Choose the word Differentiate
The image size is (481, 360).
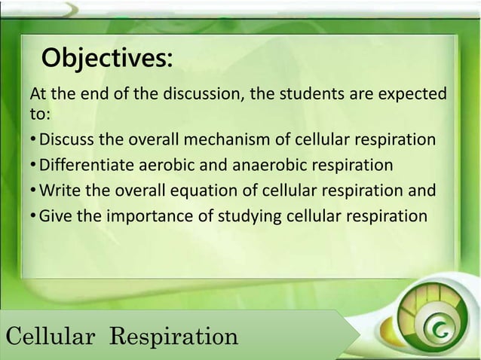pos(84,166)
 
